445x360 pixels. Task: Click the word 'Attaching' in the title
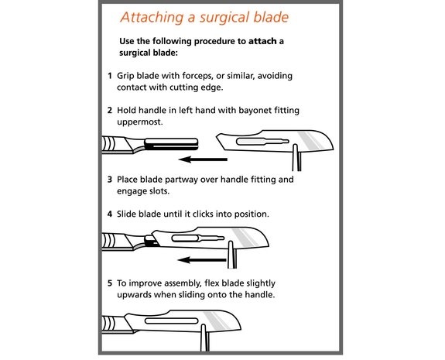152,18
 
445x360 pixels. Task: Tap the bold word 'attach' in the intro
262,41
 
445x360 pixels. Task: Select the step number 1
110,76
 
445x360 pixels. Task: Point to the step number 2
110,110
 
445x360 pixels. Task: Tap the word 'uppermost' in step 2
139,122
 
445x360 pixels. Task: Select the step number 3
110,180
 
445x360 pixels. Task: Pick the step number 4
110,214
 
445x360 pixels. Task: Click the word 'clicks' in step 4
203,214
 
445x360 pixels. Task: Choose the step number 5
110,283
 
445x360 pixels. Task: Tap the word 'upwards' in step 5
134,295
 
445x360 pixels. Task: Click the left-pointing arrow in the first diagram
203,159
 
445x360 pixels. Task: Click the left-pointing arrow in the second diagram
202,260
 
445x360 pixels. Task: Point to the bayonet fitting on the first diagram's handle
171,144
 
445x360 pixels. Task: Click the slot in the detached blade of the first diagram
262,141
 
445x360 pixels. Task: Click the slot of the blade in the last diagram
171,321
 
